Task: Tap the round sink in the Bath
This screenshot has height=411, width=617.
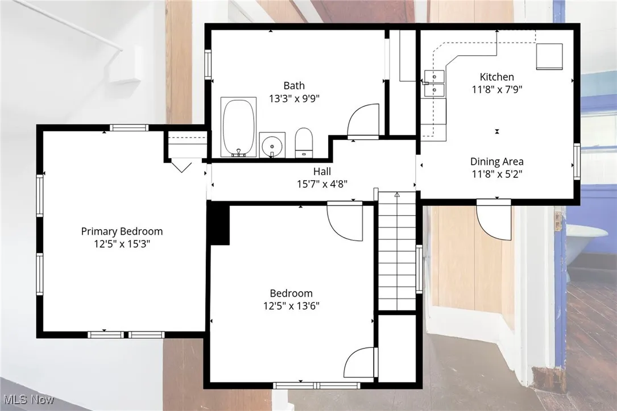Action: pyautogui.click(x=272, y=144)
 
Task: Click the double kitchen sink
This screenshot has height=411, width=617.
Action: pyautogui.click(x=435, y=83)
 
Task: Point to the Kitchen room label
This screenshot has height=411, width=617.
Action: pyautogui.click(x=496, y=77)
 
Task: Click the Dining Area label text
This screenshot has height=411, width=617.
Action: pyautogui.click(x=496, y=161)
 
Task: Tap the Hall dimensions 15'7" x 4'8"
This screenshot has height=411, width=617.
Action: pyautogui.click(x=322, y=184)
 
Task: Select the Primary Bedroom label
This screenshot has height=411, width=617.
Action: pyautogui.click(x=122, y=231)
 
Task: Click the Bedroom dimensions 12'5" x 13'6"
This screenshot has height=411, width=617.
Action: pyautogui.click(x=291, y=306)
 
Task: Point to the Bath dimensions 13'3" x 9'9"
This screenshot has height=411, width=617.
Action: pyautogui.click(x=294, y=98)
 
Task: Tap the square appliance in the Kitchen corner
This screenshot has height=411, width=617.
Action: pyautogui.click(x=550, y=56)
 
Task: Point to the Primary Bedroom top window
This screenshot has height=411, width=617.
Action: pyautogui.click(x=122, y=127)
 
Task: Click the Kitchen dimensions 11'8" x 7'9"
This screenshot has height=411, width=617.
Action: pyautogui.click(x=496, y=89)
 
